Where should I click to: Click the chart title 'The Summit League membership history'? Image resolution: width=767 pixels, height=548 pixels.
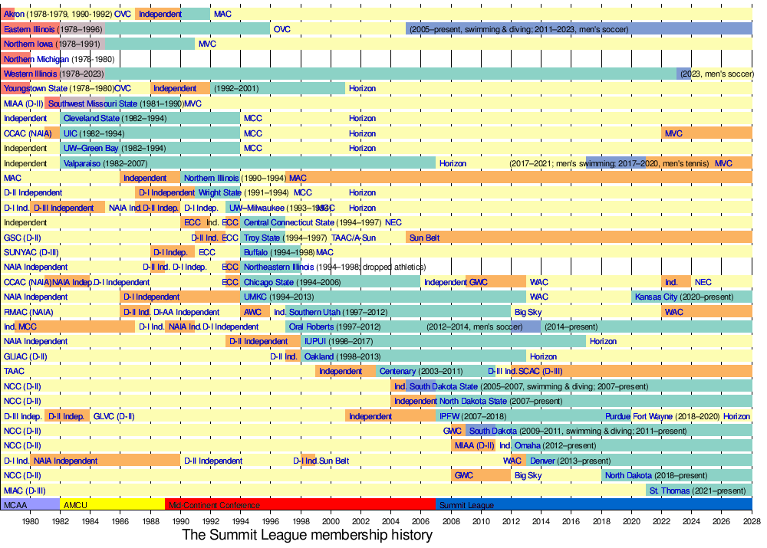(x=307, y=535)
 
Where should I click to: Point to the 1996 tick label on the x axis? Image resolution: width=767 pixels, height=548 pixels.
(x=271, y=522)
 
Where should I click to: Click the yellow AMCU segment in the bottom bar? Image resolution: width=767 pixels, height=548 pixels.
(x=112, y=505)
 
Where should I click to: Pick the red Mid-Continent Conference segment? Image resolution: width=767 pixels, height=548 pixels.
(x=299, y=505)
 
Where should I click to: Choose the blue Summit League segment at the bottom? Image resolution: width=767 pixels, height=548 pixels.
(x=594, y=505)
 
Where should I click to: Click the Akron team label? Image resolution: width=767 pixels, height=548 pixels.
(x=14, y=14)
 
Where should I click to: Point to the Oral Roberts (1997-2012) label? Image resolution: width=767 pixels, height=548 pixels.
(x=334, y=327)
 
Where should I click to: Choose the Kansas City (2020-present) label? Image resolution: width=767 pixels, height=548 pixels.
(x=683, y=297)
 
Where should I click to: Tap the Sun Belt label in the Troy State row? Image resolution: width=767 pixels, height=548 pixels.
(x=424, y=238)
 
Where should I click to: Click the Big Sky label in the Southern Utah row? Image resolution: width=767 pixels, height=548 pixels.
(x=528, y=312)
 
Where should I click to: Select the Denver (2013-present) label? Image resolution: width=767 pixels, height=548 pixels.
(x=563, y=461)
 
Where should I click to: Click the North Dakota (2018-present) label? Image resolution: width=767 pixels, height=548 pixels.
(x=656, y=475)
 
